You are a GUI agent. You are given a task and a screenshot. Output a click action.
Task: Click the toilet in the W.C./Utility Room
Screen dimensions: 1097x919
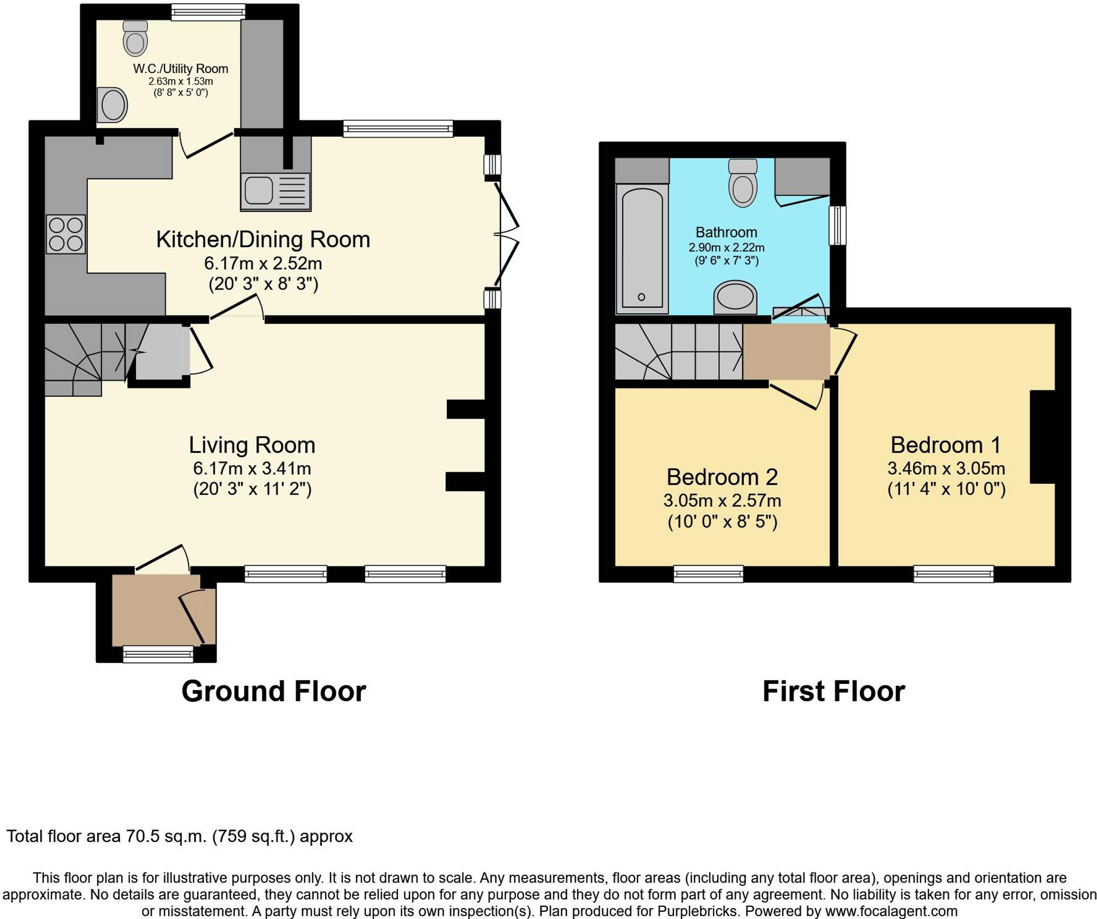[135, 38]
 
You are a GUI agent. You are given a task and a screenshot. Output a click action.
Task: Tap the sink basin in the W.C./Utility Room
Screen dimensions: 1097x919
[112, 105]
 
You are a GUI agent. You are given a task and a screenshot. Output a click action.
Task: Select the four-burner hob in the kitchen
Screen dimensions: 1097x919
[66, 234]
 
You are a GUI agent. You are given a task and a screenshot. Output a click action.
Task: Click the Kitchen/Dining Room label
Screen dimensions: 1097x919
[263, 240]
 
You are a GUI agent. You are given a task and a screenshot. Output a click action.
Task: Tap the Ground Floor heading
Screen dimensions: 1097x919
[274, 691]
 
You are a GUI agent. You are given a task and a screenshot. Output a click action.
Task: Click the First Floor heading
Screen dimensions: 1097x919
[834, 691]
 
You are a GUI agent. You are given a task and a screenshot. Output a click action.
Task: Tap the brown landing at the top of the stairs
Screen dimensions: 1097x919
[786, 351]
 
